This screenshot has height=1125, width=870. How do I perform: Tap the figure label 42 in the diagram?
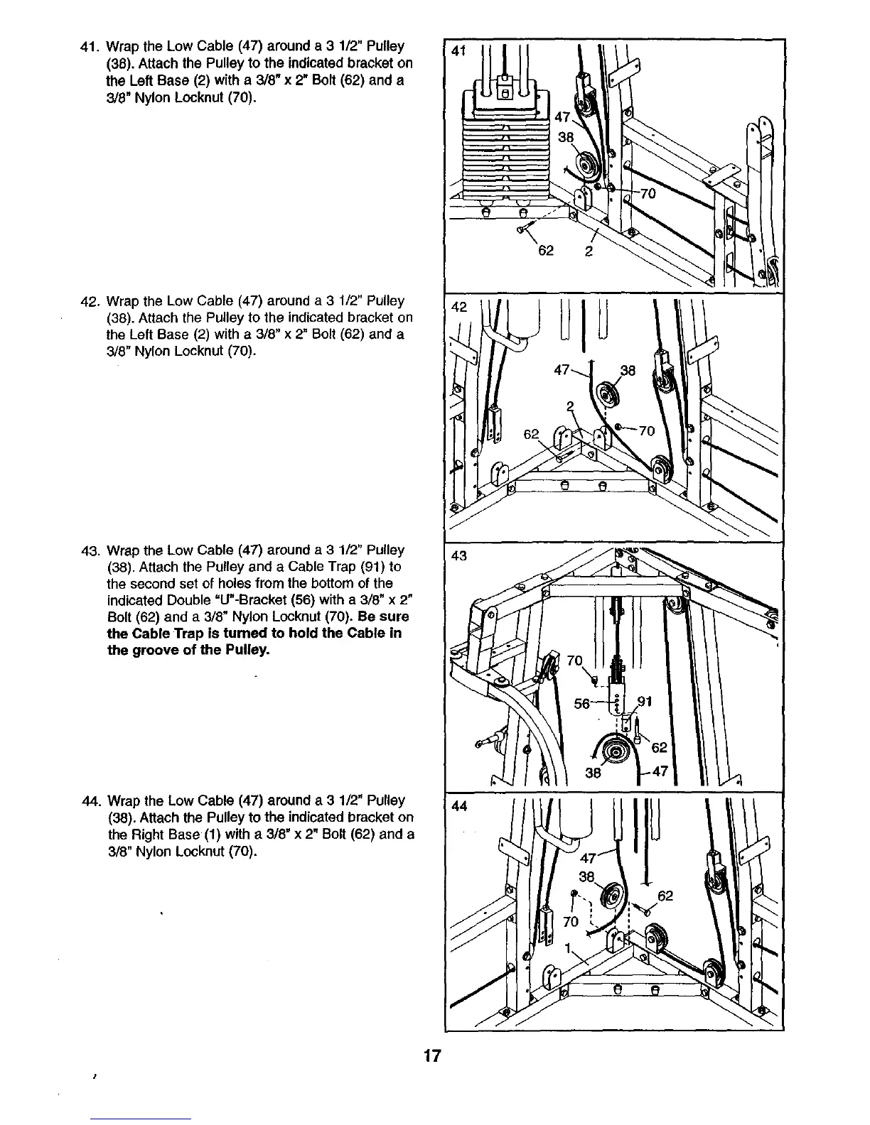click(459, 308)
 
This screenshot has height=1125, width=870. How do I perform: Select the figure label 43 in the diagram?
click(459, 555)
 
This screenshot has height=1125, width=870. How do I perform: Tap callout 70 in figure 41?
click(648, 193)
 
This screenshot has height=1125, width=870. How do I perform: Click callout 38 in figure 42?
click(628, 370)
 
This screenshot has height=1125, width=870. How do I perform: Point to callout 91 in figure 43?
click(645, 702)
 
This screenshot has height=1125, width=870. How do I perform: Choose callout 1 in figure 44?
click(568, 948)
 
